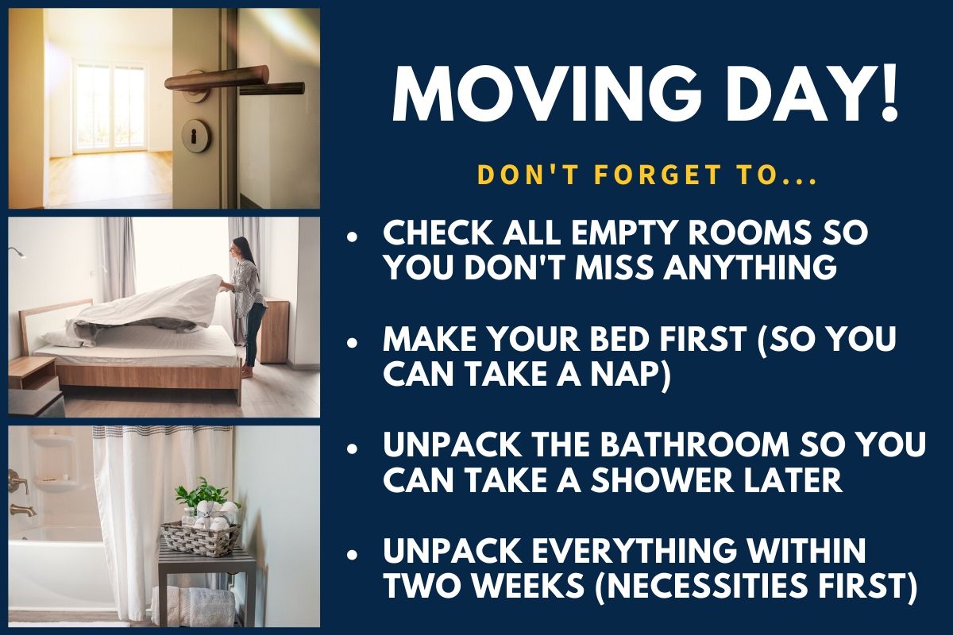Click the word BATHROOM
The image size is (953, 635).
(x=695, y=445)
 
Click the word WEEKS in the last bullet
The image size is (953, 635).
(x=527, y=585)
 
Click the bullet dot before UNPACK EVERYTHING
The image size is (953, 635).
(x=352, y=555)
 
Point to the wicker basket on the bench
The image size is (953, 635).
(x=199, y=537)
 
